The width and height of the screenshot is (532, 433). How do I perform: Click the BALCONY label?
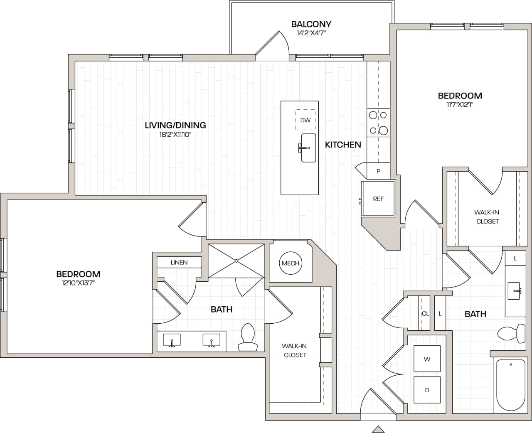click(x=311, y=24)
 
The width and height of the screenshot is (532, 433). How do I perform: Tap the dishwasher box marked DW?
click(x=305, y=120)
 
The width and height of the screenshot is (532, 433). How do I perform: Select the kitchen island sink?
click(x=308, y=148)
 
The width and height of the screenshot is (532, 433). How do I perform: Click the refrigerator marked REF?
click(x=378, y=199)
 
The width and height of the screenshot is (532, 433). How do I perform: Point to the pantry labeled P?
click(x=378, y=171)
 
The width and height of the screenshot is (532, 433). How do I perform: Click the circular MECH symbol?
click(x=290, y=263)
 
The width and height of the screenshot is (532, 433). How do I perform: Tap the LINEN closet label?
click(x=179, y=262)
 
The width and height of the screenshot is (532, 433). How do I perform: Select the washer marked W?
click(x=427, y=359)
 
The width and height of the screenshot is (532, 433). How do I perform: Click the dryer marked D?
click(x=427, y=390)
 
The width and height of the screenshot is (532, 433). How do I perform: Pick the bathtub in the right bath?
click(x=511, y=386)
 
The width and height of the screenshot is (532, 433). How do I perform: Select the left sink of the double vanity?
click(x=172, y=340)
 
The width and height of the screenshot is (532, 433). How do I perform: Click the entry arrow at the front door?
click(x=378, y=428)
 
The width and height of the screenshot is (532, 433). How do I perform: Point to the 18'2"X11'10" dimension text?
click(x=175, y=135)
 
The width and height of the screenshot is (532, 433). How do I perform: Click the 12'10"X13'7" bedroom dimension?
click(x=78, y=283)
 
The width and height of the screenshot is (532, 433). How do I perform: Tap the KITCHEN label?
click(x=343, y=145)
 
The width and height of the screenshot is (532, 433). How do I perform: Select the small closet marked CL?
click(x=425, y=314)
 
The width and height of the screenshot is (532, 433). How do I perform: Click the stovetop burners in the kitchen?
click(x=378, y=123)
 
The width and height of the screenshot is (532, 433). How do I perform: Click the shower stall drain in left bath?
click(x=236, y=261)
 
